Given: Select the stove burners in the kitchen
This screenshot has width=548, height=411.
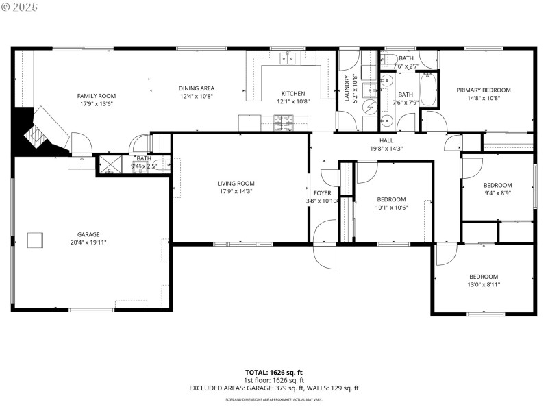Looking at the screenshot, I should pyautogui.click(x=283, y=123).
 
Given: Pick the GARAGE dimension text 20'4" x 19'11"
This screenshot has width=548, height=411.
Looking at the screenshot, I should pyautogui.click(x=88, y=242).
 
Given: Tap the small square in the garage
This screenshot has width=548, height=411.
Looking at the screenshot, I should pyautogui.click(x=35, y=240).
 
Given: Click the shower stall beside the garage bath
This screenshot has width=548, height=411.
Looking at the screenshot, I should pyautogui.click(x=110, y=164).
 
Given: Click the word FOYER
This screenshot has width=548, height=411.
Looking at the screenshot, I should pyautogui.click(x=322, y=193).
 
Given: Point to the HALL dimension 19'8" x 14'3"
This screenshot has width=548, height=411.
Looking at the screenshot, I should pyautogui.click(x=386, y=149).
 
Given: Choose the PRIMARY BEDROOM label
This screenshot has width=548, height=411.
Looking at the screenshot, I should pyautogui.click(x=484, y=90).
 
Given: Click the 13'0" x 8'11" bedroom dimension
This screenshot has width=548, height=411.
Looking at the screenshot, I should pyautogui.click(x=484, y=284).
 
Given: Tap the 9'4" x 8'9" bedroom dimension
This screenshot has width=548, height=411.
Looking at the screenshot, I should pyautogui.click(x=497, y=193).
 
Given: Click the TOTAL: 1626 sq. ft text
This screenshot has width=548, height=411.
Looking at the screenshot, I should pyautogui.click(x=274, y=372).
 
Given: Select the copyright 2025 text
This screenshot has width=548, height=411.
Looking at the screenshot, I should pyautogui.click(x=21, y=6).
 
